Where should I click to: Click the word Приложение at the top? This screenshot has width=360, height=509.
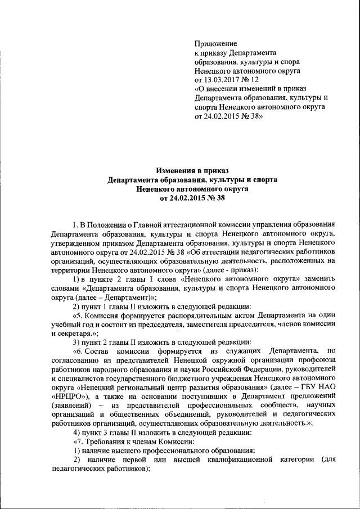pyautogui.click(x=215, y=43)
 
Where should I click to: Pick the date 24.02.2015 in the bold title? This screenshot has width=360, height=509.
pyautogui.click(x=190, y=198)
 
